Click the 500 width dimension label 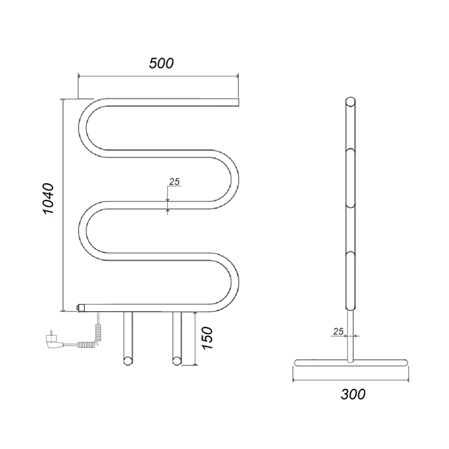click(x=161, y=63)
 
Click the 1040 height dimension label click(x=48, y=199)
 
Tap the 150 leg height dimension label click(x=207, y=338)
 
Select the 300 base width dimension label click(x=353, y=394)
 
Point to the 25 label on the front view click(x=174, y=181)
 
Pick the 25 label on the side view click(x=338, y=331)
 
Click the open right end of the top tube click(x=237, y=103)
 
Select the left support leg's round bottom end click(x=128, y=361)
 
